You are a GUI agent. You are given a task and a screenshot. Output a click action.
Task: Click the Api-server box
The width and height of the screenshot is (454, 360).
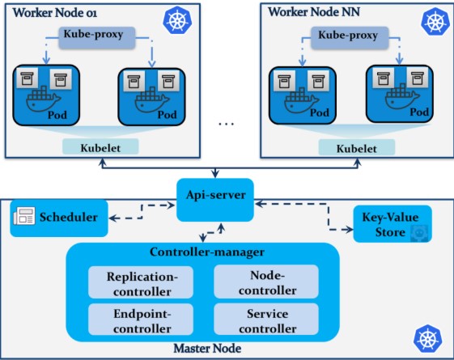tap(215, 200)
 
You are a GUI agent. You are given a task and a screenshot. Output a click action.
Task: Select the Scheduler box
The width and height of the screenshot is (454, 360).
tap(59, 218)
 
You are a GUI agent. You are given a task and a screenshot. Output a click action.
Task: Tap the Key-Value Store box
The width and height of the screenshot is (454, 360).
tap(392, 224)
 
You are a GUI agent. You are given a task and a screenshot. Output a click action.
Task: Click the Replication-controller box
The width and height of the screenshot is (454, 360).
tap(141, 282)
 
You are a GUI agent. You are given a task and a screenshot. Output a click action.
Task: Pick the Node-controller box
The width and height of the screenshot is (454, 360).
tap(266, 282)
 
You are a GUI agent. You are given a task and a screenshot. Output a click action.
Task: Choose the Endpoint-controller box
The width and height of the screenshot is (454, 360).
tap(141, 320)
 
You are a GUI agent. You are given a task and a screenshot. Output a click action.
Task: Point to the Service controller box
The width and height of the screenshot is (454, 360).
tap(266, 320)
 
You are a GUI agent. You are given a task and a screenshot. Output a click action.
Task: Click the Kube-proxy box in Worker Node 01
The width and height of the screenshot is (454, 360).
tap(97, 38)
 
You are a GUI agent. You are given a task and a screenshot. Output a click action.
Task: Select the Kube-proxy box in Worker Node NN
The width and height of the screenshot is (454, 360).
tap(350, 38)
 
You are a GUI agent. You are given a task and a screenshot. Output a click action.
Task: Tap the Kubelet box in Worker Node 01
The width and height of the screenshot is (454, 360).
tap(100, 146)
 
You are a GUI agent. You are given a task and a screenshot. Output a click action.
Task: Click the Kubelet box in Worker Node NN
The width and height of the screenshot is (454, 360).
tap(357, 147)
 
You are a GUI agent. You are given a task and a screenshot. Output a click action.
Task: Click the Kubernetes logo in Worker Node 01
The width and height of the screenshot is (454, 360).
tap(177, 20)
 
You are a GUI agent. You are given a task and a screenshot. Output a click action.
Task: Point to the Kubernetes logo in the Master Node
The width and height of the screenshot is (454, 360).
tap(427, 339)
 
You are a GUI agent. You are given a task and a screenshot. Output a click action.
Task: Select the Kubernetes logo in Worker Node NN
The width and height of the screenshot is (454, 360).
tap(435, 21)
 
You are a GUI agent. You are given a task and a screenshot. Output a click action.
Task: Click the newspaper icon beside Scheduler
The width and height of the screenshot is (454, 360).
tap(24, 216)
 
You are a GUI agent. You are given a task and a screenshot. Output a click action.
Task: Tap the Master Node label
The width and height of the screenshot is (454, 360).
tap(207, 349)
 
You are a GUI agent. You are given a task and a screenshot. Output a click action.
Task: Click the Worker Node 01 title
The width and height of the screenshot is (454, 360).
tap(55, 13)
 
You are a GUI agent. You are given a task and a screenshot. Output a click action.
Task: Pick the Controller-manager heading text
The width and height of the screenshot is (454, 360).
tap(207, 252)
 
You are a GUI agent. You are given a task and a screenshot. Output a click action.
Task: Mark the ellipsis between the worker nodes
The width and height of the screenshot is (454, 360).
tap(226, 124)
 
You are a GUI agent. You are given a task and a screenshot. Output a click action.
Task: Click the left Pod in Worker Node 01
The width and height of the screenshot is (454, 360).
tap(46, 95)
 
